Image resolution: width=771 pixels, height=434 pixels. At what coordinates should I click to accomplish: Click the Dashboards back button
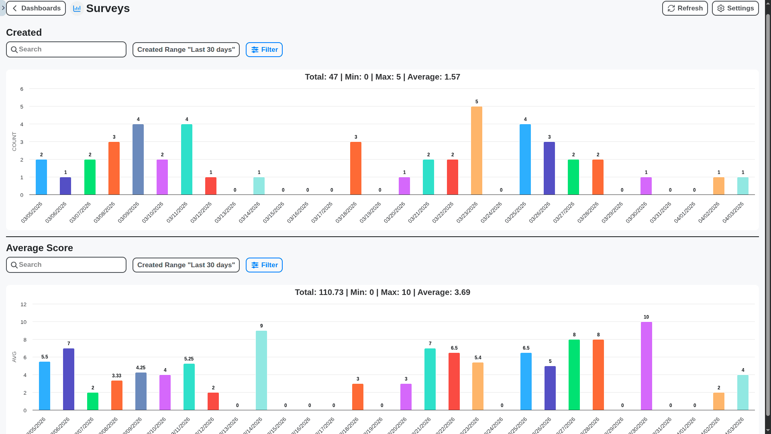[36, 8]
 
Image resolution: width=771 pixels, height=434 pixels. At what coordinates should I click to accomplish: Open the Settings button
[735, 8]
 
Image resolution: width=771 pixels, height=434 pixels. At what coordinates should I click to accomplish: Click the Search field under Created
[66, 49]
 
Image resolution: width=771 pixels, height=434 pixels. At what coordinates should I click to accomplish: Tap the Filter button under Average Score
[264, 265]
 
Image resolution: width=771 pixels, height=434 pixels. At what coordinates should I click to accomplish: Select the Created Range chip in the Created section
[186, 50]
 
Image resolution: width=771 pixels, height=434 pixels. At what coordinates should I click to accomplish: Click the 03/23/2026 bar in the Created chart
[477, 151]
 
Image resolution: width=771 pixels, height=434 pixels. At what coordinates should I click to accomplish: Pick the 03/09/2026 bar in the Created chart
[138, 160]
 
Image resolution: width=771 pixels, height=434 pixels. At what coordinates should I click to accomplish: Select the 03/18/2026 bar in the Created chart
[356, 168]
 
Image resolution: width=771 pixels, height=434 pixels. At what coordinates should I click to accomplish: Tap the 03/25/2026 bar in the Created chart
[525, 160]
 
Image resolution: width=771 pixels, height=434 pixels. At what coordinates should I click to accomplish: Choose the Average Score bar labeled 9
[261, 370]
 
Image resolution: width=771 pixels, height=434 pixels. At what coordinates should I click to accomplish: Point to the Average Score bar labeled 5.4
[478, 386]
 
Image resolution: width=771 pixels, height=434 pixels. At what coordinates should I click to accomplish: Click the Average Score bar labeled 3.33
[117, 395]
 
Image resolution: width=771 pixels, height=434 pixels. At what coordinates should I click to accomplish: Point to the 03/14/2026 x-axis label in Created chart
[250, 212]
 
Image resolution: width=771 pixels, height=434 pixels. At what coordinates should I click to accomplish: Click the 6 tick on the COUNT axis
[22, 89]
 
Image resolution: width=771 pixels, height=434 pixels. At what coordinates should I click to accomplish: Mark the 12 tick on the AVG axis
[23, 305]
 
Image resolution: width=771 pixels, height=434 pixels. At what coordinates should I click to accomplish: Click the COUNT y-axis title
[14, 141]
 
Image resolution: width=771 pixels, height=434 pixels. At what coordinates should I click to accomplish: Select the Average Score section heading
[39, 248]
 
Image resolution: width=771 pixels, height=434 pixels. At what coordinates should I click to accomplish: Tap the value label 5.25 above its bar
[189, 359]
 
